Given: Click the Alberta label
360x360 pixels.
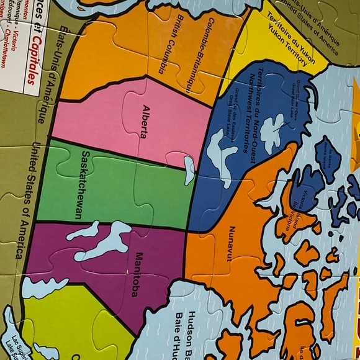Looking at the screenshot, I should tap(149, 117).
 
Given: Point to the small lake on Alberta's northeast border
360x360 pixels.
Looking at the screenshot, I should tap(189, 164).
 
